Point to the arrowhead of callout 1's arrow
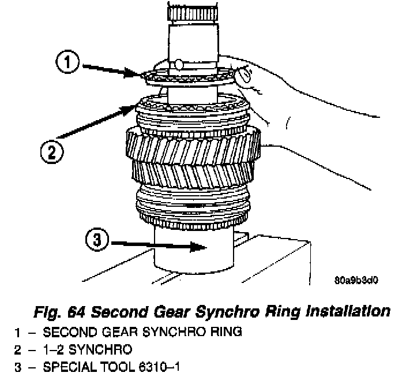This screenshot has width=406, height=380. click(140, 73)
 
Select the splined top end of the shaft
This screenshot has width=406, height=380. click(191, 12)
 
